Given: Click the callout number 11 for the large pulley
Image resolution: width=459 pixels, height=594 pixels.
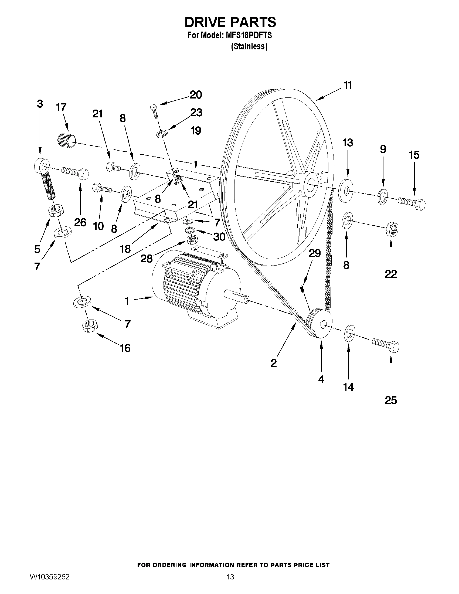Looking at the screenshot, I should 348,85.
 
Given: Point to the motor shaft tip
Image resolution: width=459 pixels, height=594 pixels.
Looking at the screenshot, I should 246,300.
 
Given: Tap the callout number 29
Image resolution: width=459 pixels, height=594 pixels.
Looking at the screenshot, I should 315,253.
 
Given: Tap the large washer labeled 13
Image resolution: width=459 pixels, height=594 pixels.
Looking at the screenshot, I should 346,190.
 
